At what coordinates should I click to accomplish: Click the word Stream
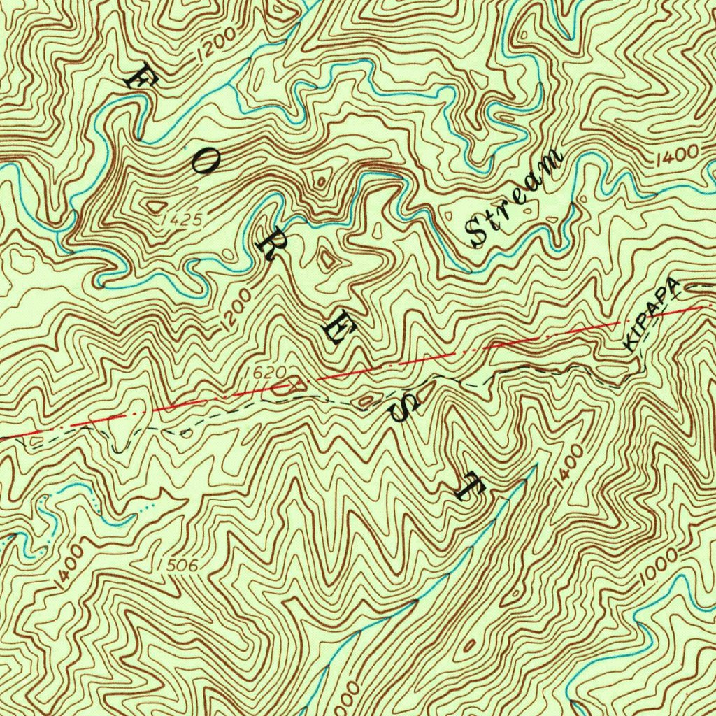(515, 199)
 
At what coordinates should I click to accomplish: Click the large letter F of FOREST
(137, 75)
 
